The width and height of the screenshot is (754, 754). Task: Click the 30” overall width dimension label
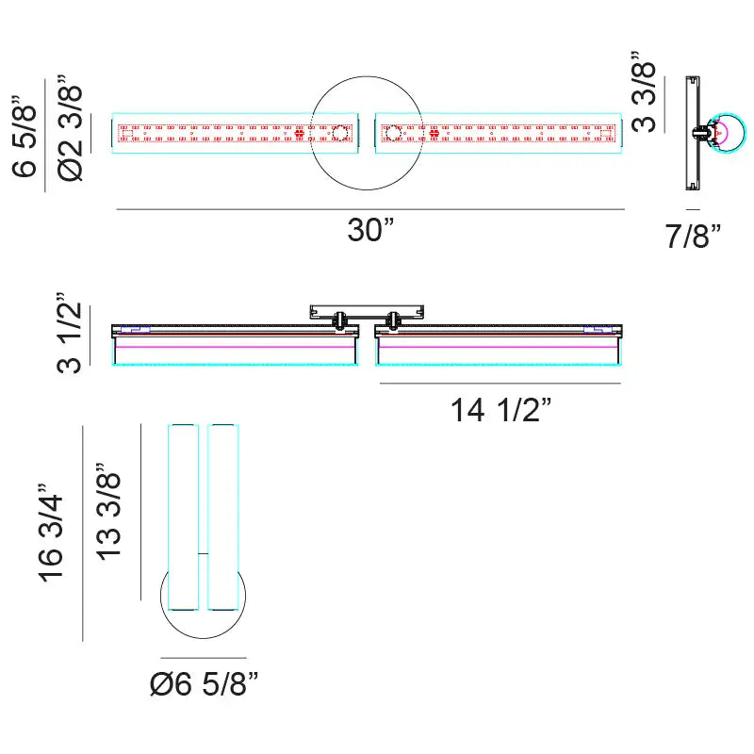click(370, 230)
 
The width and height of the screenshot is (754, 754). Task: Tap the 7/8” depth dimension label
click(693, 236)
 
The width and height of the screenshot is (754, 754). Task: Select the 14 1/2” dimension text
click(500, 410)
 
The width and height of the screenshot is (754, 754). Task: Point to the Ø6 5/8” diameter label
click(204, 683)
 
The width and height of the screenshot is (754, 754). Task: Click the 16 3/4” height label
click(51, 533)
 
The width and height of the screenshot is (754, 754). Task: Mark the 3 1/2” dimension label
click(69, 333)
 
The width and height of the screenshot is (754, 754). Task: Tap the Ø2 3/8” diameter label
click(70, 128)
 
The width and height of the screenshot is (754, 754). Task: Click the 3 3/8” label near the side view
click(644, 91)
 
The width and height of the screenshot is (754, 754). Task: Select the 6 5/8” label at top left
click(25, 136)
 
